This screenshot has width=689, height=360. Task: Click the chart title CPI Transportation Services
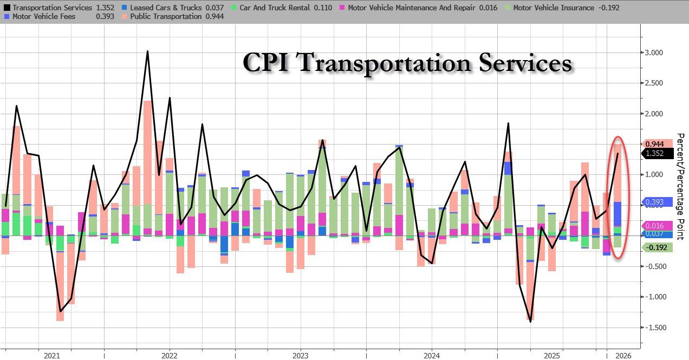pyautogui.click(x=407, y=63)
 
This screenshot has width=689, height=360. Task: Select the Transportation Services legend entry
pyautogui.click(x=51, y=8)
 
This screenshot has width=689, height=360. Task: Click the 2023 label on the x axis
pyautogui.click(x=300, y=356)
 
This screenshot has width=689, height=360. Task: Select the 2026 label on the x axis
pyautogui.click(x=622, y=356)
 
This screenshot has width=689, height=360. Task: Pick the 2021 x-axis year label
pyautogui.click(x=51, y=356)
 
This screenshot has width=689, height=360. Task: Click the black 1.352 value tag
pyautogui.click(x=658, y=153)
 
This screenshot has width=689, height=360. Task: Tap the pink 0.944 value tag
pyautogui.click(x=658, y=144)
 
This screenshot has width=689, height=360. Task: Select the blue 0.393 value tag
pyautogui.click(x=658, y=202)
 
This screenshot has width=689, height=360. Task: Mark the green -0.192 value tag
pyautogui.click(x=658, y=247)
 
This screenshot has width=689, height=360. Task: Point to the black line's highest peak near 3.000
pyautogui.click(x=147, y=51)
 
